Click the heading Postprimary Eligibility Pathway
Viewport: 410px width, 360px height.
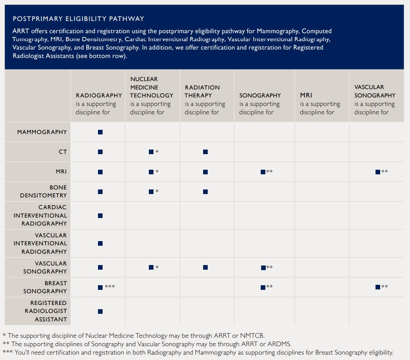pyautogui.click(x=79, y=19)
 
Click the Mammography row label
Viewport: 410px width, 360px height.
pyautogui.click(x=42, y=132)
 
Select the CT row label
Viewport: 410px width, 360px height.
pyautogui.click(x=63, y=152)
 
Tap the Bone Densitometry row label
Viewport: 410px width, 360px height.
pyautogui.click(x=43, y=192)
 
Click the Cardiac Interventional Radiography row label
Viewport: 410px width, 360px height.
pyautogui.click(x=40, y=215)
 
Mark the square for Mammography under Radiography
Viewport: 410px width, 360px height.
pyautogui.click(x=100, y=132)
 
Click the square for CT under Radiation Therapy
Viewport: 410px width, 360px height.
pyautogui.click(x=205, y=152)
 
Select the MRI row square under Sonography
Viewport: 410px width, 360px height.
pyautogui.click(x=263, y=172)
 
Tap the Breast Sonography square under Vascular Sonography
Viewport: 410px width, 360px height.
pyautogui.click(x=378, y=287)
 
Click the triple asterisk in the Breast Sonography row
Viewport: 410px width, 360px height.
pyautogui.click(x=110, y=286)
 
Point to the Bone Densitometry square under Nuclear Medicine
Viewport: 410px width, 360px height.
pyautogui.click(x=151, y=192)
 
